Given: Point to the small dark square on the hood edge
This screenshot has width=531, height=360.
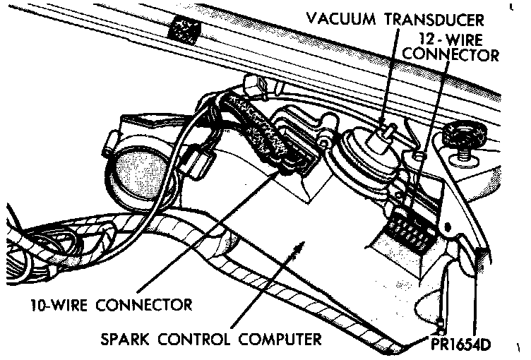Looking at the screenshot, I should pyautogui.click(x=185, y=29).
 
